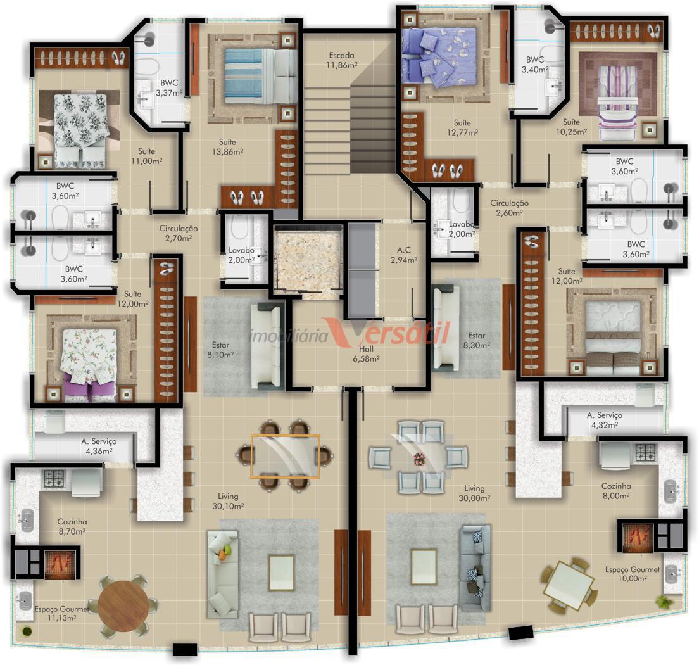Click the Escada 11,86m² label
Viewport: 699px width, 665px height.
343,60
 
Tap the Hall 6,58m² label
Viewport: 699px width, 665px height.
366,353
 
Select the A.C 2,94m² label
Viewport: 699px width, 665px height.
404,255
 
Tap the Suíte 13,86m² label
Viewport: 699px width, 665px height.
227,147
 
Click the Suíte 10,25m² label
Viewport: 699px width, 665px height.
571,127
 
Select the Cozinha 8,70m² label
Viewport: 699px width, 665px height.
72,526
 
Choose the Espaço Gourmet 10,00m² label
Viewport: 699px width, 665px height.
632,574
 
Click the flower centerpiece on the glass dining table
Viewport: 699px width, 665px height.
419,459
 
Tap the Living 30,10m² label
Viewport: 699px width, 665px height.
228,501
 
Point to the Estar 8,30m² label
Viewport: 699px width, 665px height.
476,340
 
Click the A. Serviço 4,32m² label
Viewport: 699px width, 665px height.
604,420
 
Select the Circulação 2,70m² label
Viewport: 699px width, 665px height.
179,233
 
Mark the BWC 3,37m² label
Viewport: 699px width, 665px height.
169,88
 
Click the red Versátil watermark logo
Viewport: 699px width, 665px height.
387,332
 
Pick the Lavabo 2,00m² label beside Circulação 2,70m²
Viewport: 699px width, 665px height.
241,255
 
